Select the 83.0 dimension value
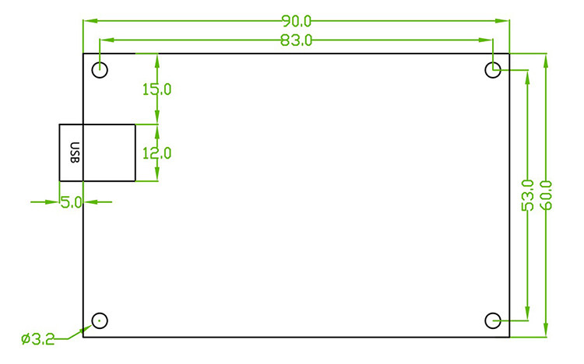(x=296, y=40)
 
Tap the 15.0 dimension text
(x=157, y=89)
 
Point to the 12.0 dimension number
(x=157, y=153)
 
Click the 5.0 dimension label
(x=72, y=202)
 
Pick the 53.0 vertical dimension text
(x=527, y=195)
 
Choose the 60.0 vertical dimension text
(x=545, y=195)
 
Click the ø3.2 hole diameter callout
(x=37, y=339)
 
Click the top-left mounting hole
(x=100, y=70)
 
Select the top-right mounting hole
(x=493, y=70)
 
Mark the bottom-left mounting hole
(x=100, y=320)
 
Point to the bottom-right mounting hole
(x=493, y=320)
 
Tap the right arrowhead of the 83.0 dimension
(x=487, y=39)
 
